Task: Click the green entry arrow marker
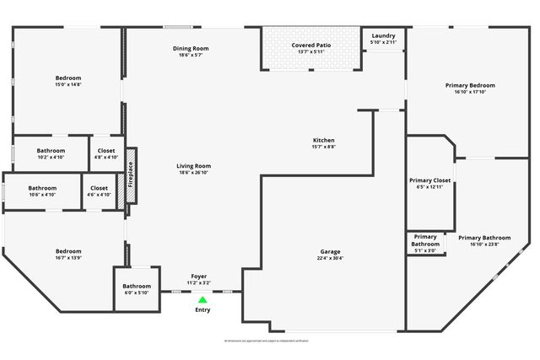click(x=202, y=299)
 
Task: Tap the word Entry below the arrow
click(x=202, y=310)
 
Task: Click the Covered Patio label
click(x=311, y=45)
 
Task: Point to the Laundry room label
click(x=383, y=36)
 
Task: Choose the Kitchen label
click(x=324, y=140)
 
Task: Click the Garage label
click(x=330, y=252)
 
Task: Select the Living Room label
click(x=193, y=166)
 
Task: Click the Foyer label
click(x=199, y=277)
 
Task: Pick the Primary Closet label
click(x=430, y=180)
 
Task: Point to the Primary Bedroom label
click(x=470, y=85)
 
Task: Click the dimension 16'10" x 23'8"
click(x=484, y=244)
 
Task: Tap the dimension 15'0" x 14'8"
click(x=68, y=84)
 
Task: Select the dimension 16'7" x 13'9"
click(x=68, y=257)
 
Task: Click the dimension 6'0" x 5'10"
click(x=137, y=293)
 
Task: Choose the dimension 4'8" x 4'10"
click(x=106, y=157)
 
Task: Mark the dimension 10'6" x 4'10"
click(x=42, y=195)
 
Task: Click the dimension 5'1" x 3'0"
click(x=425, y=250)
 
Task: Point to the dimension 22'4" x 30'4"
click(x=330, y=259)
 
